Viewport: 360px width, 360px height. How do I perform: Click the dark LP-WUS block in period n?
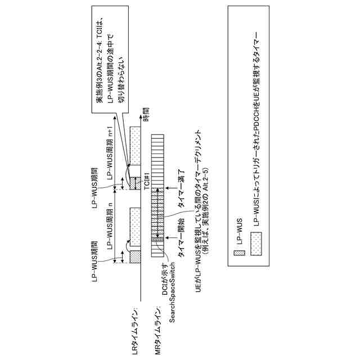coord(136,256)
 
